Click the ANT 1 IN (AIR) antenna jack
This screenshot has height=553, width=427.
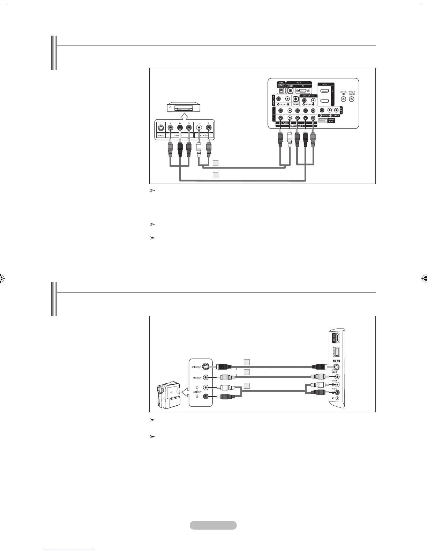[x=344, y=99]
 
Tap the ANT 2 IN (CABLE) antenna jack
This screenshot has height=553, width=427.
[x=352, y=99]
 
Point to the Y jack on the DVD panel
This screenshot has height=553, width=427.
[x=170, y=128]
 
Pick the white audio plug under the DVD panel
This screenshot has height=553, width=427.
[x=199, y=148]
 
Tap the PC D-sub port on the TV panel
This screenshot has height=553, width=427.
[x=302, y=90]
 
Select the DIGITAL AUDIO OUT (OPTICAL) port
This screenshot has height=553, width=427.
[x=281, y=90]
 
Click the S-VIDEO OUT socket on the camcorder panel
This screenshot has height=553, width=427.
[x=206, y=367]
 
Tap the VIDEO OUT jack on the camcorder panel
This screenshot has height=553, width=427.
[x=206, y=377]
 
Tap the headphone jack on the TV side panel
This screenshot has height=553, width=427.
[x=337, y=398]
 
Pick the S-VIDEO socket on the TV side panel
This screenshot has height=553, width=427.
[x=336, y=367]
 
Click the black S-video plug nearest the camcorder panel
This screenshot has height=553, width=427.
[x=224, y=367]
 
